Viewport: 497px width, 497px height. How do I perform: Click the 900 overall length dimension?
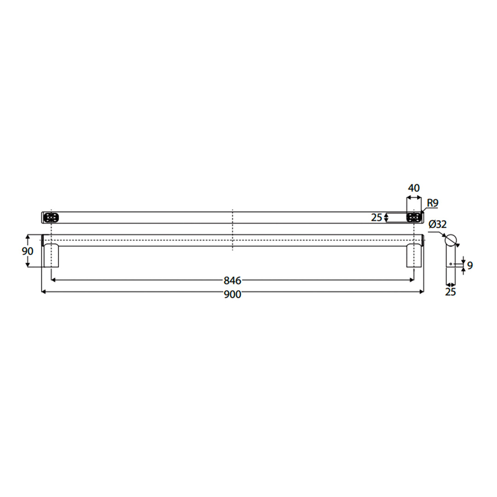click(x=232, y=295)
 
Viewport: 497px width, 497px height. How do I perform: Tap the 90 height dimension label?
click(x=28, y=251)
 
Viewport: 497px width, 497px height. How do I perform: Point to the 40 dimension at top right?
click(x=414, y=188)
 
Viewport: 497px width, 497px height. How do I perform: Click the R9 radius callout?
click(x=432, y=203)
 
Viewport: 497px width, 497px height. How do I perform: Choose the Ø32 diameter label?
click(x=437, y=225)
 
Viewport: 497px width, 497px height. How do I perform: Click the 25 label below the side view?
click(x=451, y=292)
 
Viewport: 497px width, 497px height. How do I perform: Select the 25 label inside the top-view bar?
click(x=376, y=217)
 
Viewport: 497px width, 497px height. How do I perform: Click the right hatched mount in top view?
click(x=414, y=217)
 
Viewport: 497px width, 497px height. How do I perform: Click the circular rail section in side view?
click(x=451, y=240)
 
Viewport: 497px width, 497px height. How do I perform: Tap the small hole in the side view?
click(x=451, y=264)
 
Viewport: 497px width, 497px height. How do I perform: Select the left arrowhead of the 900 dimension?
click(x=43, y=292)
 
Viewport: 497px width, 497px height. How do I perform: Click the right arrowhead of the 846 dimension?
click(x=412, y=279)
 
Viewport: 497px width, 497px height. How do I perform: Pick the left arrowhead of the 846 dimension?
click(x=53, y=279)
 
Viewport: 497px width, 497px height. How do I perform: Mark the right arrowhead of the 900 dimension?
click(x=422, y=292)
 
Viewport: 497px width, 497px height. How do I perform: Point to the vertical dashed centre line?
click(x=233, y=230)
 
